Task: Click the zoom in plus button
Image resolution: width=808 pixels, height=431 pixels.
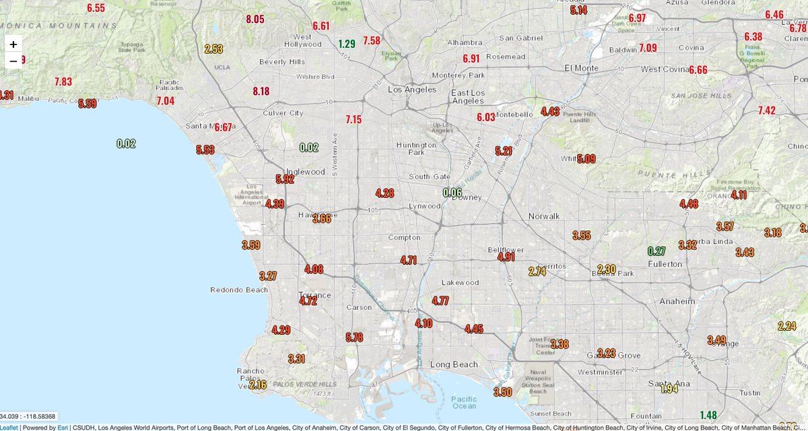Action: pyautogui.click(x=13, y=44)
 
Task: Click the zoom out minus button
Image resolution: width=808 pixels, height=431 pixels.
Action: pyautogui.click(x=13, y=61)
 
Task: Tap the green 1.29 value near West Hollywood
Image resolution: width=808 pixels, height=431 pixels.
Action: pyautogui.click(x=347, y=44)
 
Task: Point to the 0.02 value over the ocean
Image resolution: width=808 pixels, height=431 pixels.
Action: pyautogui.click(x=126, y=143)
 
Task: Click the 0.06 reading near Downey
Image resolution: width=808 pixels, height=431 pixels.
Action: pyautogui.click(x=452, y=192)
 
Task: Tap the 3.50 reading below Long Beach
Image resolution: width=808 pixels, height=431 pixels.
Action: pyautogui.click(x=502, y=392)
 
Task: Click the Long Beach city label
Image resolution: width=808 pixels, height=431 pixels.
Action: pyautogui.click(x=454, y=365)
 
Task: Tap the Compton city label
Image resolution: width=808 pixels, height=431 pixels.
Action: pyautogui.click(x=404, y=237)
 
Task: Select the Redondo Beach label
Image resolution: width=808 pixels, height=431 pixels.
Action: pyautogui.click(x=239, y=290)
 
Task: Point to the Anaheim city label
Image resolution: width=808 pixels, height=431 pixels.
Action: pyautogui.click(x=677, y=301)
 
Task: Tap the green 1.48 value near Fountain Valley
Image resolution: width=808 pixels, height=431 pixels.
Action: pyautogui.click(x=708, y=415)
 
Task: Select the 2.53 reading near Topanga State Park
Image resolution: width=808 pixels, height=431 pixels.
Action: pyautogui.click(x=213, y=49)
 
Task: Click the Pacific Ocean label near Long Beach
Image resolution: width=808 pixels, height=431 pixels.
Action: pyautogui.click(x=464, y=402)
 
